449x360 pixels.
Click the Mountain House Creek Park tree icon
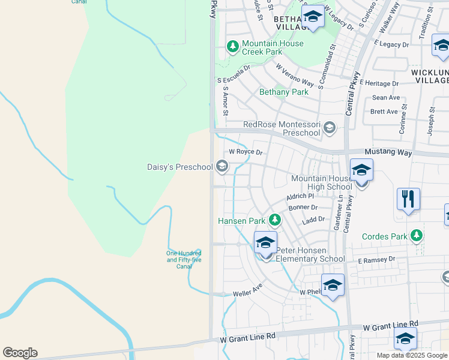[x=232, y=46]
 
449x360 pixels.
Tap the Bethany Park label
[x=284, y=92]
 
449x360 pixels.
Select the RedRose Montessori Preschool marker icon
[x=330, y=127]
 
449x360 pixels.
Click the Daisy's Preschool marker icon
[x=222, y=166]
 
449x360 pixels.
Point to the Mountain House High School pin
[x=361, y=172]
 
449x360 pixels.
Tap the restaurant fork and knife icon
[x=408, y=199]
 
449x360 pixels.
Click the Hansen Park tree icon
[x=275, y=221]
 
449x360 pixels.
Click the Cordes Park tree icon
[x=415, y=236]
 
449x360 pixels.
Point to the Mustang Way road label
[x=389, y=153]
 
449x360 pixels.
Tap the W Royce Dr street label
[x=246, y=152]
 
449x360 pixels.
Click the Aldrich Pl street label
[x=301, y=196]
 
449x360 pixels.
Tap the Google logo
[x=20, y=353]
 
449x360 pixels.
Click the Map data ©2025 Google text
[x=412, y=355]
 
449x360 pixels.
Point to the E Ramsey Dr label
[x=378, y=260]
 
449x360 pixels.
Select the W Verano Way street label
[x=295, y=74]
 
